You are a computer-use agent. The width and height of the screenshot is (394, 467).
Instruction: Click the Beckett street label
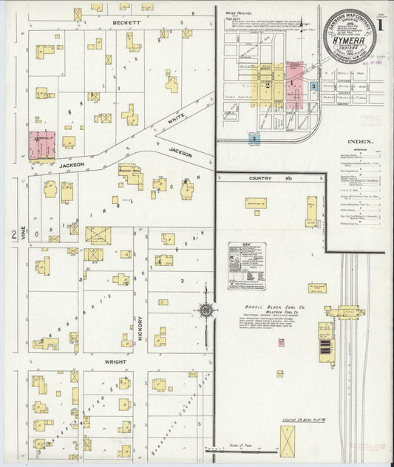coord(126,22)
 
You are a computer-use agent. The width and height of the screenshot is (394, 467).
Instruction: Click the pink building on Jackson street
coord(42,145)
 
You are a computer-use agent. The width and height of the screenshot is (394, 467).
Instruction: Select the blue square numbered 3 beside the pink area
coord(314,87)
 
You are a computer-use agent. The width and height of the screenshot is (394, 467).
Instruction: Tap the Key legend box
coord(246,265)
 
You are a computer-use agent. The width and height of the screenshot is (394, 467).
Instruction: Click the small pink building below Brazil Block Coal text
coord(281,341)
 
